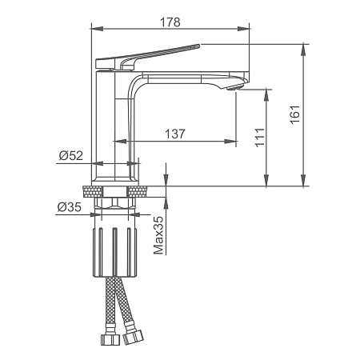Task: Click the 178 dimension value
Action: tap(170, 22)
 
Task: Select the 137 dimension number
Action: tap(175, 134)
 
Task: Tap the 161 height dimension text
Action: tap(295, 114)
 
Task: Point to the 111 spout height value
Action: tap(260, 137)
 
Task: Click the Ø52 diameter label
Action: tap(71, 155)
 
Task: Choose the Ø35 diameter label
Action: tap(70, 207)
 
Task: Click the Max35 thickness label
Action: tap(158, 235)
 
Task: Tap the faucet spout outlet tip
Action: tap(235, 87)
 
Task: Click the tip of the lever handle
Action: tap(198, 46)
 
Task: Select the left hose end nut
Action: tap(110, 339)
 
